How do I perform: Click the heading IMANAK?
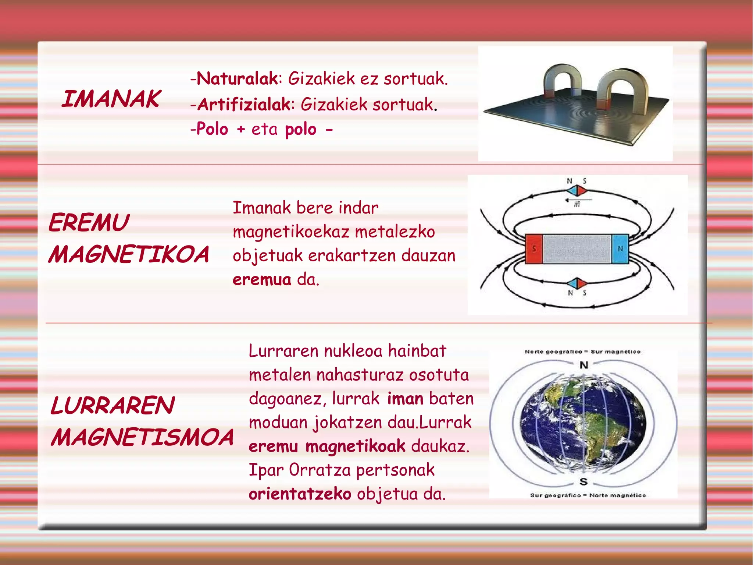pyautogui.click(x=111, y=99)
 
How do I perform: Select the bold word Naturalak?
pyautogui.click(x=237, y=78)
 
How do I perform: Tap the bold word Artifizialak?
pyautogui.click(x=244, y=105)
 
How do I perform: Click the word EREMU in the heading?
pyautogui.click(x=89, y=223)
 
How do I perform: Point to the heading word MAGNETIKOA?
pyautogui.click(x=129, y=255)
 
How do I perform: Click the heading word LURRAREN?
pyautogui.click(x=112, y=406)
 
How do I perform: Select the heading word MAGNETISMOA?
pyautogui.click(x=142, y=437)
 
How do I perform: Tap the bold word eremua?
pyautogui.click(x=262, y=280)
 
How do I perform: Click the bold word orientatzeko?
pyautogui.click(x=300, y=494)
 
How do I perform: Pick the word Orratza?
pyautogui.click(x=320, y=470)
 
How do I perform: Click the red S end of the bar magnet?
pyautogui.click(x=534, y=249)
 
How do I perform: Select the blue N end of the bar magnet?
pyautogui.click(x=620, y=249)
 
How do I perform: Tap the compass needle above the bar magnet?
pyautogui.click(x=576, y=191)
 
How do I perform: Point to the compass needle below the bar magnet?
pyautogui.click(x=576, y=283)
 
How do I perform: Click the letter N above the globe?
pyautogui.click(x=584, y=365)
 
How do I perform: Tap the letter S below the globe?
pyautogui.click(x=584, y=481)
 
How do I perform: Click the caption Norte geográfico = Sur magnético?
pyautogui.click(x=582, y=352)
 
